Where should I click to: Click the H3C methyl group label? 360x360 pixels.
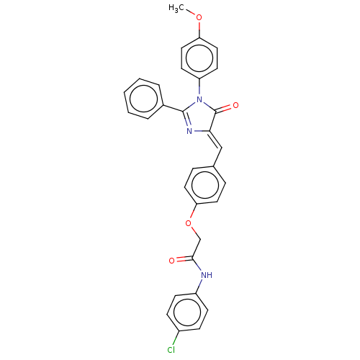coord(176,8)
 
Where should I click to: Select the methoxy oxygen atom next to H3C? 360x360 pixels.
coord(199,17)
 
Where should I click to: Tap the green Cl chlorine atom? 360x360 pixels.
coord(171,350)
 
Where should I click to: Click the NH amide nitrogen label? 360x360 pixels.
coord(207,275)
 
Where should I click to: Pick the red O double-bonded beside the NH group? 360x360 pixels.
coord(171,261)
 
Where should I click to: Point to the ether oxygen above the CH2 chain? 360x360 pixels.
coord(189,223)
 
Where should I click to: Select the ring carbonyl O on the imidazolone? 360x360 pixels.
coord(235,105)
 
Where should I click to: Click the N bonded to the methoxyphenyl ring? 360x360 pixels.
coord(199,99)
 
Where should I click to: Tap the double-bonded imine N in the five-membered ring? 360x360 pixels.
coord(189,131)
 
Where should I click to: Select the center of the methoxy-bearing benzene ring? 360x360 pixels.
coord(199,58)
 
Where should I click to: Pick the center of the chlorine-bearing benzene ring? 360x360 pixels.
coord(187,312)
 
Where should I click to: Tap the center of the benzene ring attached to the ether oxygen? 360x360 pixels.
coord(205,185)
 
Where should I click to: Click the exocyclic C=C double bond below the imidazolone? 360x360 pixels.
coord(216,140)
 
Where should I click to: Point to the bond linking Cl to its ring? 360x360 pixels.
coord(176,338)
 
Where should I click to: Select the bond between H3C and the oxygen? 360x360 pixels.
coord(191,12)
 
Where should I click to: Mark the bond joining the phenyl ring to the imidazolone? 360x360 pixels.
coord(174,108)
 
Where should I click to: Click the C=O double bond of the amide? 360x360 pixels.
coord(184,259)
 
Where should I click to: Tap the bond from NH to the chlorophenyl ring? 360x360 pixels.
coord(199,287)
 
